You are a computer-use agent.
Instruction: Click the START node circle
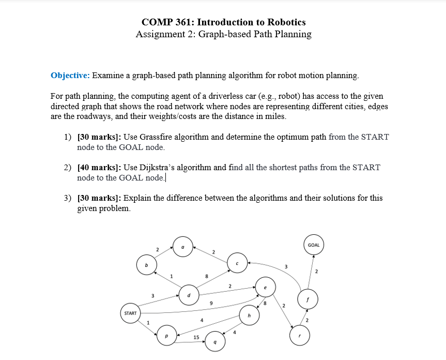[x=130, y=313]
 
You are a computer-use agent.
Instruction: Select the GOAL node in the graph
[x=314, y=245]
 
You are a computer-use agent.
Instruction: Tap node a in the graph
[x=183, y=247]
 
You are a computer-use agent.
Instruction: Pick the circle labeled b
[x=146, y=265]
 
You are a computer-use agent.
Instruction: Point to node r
[x=300, y=335]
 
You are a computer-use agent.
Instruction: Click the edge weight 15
[x=196, y=337]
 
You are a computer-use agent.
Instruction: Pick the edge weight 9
[x=210, y=303]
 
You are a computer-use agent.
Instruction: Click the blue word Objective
[x=70, y=76]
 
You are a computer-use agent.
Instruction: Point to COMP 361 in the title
[x=168, y=22]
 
